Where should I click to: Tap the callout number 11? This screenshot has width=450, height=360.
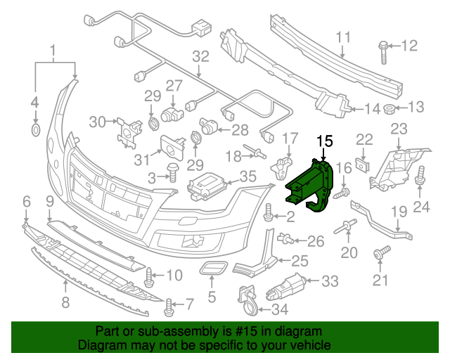click(x=342, y=37)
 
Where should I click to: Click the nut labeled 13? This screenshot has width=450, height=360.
click(x=392, y=108)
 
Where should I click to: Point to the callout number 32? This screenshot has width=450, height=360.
click(x=200, y=56)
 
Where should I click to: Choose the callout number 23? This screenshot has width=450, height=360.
click(x=399, y=129)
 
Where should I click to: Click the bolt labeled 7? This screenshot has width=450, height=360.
click(x=169, y=306)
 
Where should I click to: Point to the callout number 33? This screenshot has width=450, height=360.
click(x=330, y=281)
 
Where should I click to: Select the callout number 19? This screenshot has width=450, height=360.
click(x=399, y=210)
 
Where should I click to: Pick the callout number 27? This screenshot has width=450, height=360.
click(x=174, y=86)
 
